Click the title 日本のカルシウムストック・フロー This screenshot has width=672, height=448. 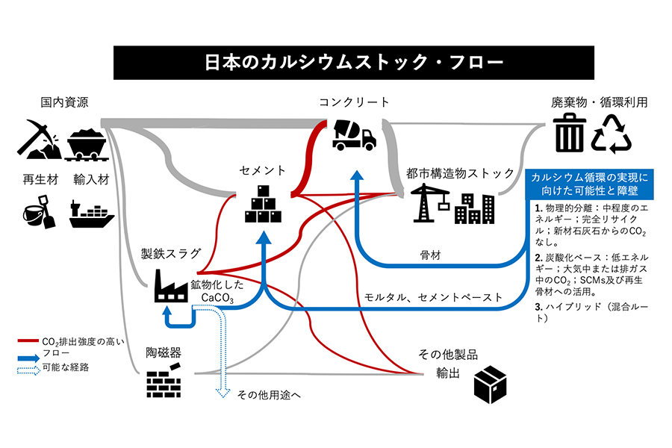point(335,62)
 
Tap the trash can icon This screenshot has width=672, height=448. point(570,134)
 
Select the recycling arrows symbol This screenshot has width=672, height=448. point(612,134)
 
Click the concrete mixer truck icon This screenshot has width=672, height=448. point(353,134)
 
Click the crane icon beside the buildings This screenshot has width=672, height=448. point(432,202)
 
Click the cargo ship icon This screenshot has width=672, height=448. point(91,214)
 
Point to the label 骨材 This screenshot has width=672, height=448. point(431,255)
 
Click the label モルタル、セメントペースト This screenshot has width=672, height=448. point(433,297)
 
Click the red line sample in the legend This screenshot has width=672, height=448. point(31,341)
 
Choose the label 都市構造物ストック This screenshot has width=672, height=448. point(461,172)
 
